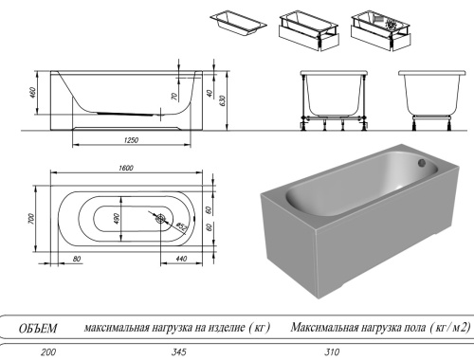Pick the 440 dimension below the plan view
point(180,258)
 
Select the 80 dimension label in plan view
point(76,258)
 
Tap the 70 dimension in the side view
point(174,97)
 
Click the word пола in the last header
point(399,328)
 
